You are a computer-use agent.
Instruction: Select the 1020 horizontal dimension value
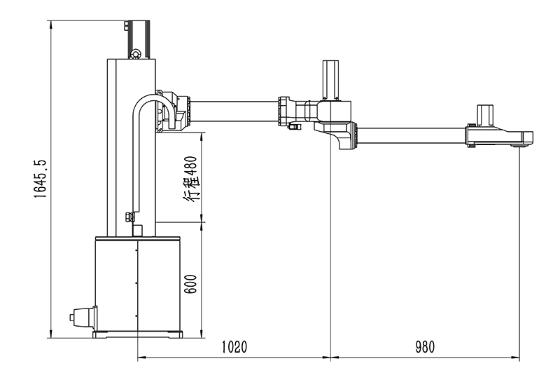pyautogui.click(x=235, y=346)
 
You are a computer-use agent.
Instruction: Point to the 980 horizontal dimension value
pyautogui.click(x=424, y=346)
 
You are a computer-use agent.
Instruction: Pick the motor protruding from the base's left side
pyautogui.click(x=83, y=317)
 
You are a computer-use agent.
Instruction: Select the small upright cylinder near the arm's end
pyautogui.click(x=486, y=114)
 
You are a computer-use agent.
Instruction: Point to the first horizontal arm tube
pyautogui.click(x=234, y=111)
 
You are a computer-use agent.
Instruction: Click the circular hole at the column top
pyautogui.click(x=135, y=53)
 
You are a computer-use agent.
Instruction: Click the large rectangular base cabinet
pyautogui.click(x=138, y=284)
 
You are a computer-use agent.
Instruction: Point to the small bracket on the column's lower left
pyautogui.click(x=129, y=217)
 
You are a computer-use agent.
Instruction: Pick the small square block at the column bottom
pyautogui.click(x=137, y=230)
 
